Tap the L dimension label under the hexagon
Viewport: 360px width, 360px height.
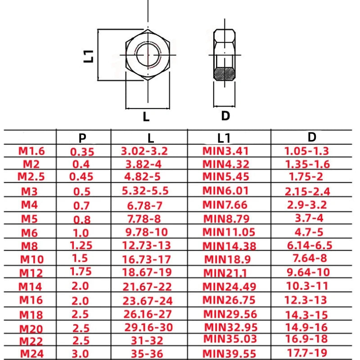pos(146,117)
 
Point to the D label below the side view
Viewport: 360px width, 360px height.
pos(225,116)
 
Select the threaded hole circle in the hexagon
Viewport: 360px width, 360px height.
pos(147,55)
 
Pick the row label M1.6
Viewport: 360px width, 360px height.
pos(32,151)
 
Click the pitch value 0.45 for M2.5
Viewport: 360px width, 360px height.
pos(81,176)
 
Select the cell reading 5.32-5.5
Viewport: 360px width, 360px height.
pos(145,190)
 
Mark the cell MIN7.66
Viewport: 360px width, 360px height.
pos(225,205)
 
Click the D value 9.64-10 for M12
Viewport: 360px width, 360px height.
pos(308,272)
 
